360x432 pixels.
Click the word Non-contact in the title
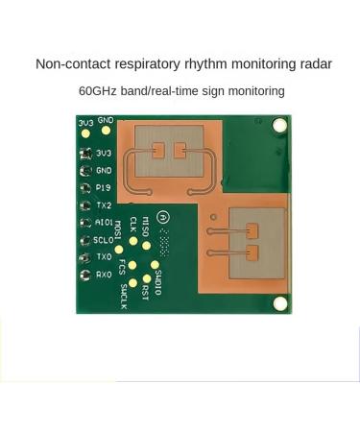point(68,64)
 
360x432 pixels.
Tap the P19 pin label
point(104,187)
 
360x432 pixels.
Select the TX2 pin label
point(104,205)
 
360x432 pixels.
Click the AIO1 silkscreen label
point(105,223)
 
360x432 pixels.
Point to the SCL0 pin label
point(105,240)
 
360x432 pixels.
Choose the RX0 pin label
point(104,275)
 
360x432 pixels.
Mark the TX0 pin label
point(104,257)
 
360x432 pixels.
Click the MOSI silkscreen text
point(118,230)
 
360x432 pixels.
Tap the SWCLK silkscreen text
point(123,297)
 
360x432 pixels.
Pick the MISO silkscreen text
point(145,226)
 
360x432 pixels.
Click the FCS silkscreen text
point(120,264)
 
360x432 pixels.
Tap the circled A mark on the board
point(164,218)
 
